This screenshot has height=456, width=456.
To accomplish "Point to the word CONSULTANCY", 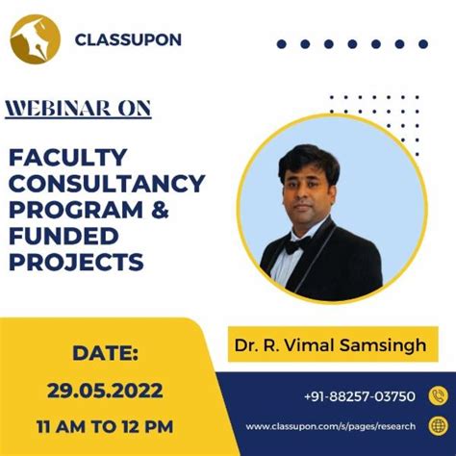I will point(107,183).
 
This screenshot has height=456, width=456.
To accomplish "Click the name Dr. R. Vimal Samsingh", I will point(333,343).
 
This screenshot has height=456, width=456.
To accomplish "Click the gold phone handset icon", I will point(438,394).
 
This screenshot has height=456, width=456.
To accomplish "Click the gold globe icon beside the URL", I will point(438,426).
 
